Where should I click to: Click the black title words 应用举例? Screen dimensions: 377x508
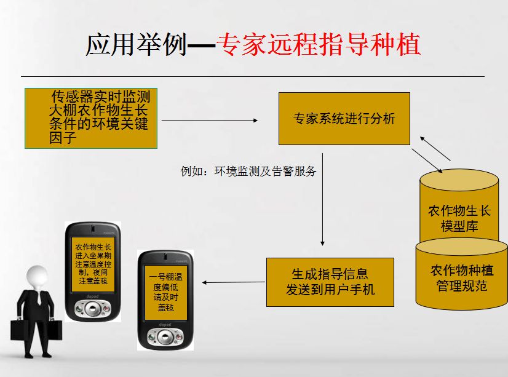[x=136, y=44]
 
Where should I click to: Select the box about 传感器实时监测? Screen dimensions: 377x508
[x=91, y=118]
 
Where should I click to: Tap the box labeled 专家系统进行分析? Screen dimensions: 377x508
[x=344, y=119]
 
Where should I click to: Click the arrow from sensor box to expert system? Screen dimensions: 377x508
[x=209, y=121]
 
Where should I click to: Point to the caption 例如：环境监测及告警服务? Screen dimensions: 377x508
[x=248, y=172]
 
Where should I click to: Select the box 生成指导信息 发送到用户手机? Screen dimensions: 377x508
[x=330, y=282]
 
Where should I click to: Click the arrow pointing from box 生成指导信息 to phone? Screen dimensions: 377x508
[x=234, y=282]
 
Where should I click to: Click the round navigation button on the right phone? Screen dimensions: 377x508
[x=164, y=337]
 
